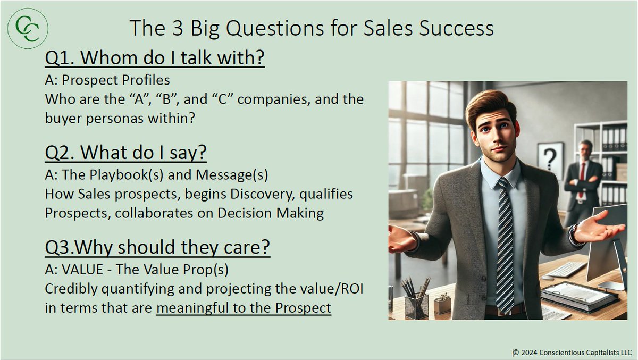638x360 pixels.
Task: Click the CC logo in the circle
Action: pos(28,28)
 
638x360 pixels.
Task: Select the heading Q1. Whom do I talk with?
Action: pos(155,59)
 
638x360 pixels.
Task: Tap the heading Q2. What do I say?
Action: pos(126,154)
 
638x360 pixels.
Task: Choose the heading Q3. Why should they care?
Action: pos(157,248)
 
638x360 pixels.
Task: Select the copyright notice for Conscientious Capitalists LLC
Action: pos(572,352)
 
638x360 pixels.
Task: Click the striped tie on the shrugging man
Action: pos(505,239)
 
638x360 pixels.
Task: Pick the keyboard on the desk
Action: pos(566,269)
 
